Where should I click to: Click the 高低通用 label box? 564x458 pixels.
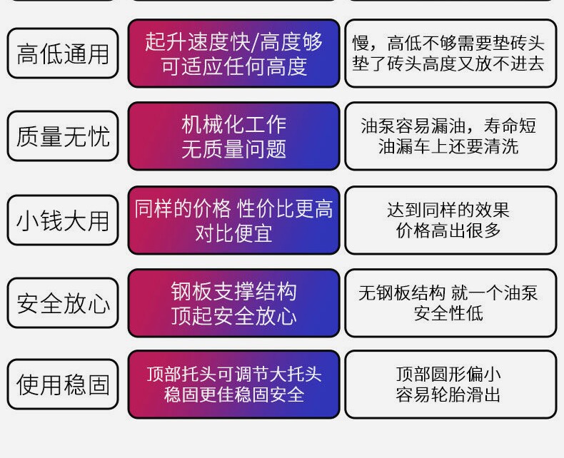[63, 54]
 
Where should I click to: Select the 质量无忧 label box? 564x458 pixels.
[63, 136]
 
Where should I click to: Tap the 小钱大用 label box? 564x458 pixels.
[63, 220]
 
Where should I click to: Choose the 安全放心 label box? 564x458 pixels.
[63, 303]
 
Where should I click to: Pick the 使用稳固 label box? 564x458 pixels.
[63, 385]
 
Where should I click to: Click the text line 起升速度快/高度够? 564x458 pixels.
[233, 42]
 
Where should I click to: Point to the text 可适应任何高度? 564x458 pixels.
[233, 66]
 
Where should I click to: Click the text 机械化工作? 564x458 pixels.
[233, 125]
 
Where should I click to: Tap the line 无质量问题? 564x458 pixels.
[233, 149]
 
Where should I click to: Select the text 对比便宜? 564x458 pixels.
[233, 233]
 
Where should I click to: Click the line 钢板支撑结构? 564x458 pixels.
[233, 291]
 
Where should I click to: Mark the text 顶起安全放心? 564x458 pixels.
[233, 315]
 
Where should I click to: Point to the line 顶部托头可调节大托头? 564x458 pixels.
[233, 374]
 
